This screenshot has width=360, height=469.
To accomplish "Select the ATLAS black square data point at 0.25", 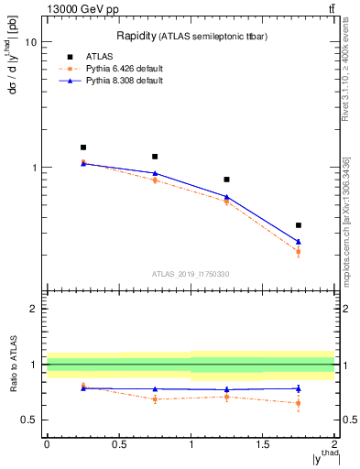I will pyautogui.click(x=82, y=147).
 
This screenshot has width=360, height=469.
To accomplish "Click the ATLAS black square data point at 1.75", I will pyautogui.click(x=299, y=225).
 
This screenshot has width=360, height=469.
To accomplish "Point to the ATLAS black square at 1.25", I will pyautogui.click(x=226, y=180).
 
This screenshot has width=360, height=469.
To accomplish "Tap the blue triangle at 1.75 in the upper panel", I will pyautogui.click(x=299, y=242).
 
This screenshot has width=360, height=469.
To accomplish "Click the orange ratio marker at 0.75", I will pyautogui.click(x=155, y=398).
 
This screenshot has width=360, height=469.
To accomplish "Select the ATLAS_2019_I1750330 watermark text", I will pyautogui.click(x=190, y=274).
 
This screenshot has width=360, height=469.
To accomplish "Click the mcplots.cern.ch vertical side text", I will pyautogui.click(x=348, y=220).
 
